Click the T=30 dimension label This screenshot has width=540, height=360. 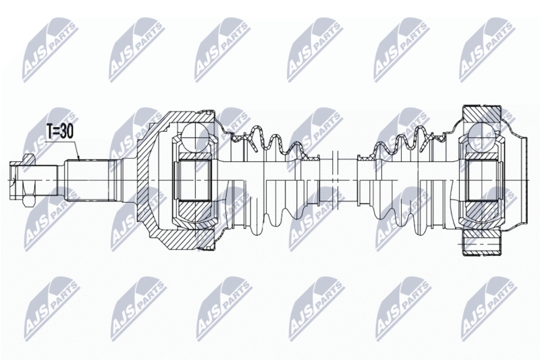(x=59, y=131)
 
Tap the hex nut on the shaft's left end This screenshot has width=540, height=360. (x=28, y=180)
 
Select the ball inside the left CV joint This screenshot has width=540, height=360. (x=195, y=136)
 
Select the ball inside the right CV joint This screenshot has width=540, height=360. (x=481, y=136)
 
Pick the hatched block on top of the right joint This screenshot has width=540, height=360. (x=481, y=113)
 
